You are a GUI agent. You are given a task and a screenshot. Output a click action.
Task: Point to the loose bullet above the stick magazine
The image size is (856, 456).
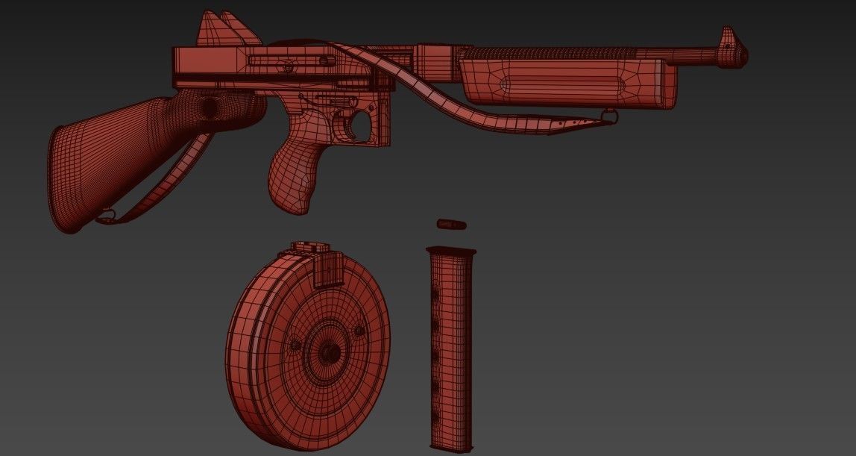(451, 224)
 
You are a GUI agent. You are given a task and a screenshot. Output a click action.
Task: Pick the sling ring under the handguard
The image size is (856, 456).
(611, 115)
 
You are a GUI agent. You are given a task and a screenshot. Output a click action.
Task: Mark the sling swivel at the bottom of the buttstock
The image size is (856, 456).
(107, 216)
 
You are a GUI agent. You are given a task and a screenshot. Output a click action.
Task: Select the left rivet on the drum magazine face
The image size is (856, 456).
(293, 345)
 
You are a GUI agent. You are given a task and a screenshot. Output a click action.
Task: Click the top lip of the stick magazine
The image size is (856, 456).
(450, 251)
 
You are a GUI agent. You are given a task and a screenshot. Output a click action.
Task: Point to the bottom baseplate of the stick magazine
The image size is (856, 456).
(450, 446)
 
